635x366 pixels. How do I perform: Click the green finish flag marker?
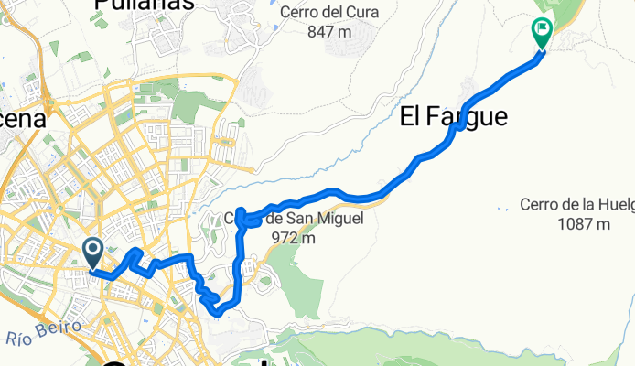pos(541,34)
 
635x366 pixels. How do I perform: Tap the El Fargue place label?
pos(453,116)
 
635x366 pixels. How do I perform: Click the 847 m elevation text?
pos(330,32)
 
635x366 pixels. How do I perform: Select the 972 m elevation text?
pos(294,238)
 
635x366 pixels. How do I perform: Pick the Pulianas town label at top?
pos(144,5)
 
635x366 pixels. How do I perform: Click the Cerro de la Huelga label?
pos(576,204)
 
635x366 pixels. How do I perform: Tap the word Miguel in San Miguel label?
pos(316,220)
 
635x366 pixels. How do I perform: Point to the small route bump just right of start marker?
pos(135,252)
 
